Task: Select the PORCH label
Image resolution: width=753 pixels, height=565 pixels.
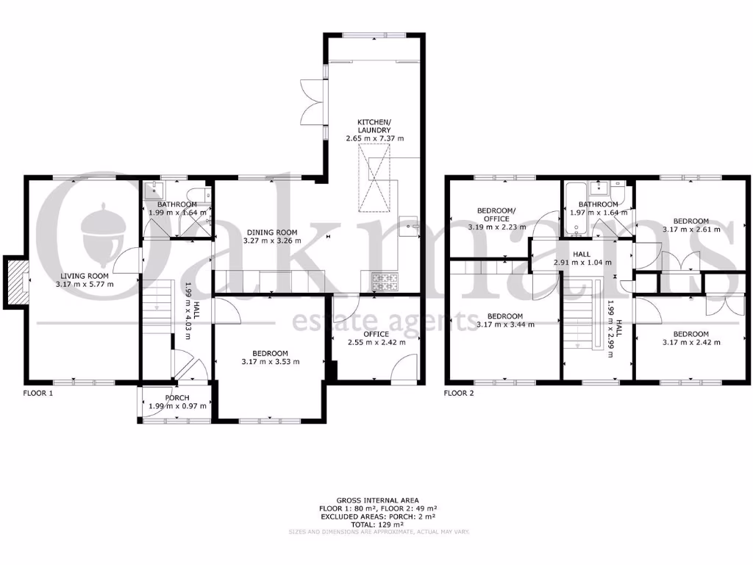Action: pyautogui.click(x=175, y=398)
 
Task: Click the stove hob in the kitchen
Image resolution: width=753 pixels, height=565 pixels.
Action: pyautogui.click(x=385, y=280)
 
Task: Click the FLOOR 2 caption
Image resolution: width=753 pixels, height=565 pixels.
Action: pyautogui.click(x=459, y=394)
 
